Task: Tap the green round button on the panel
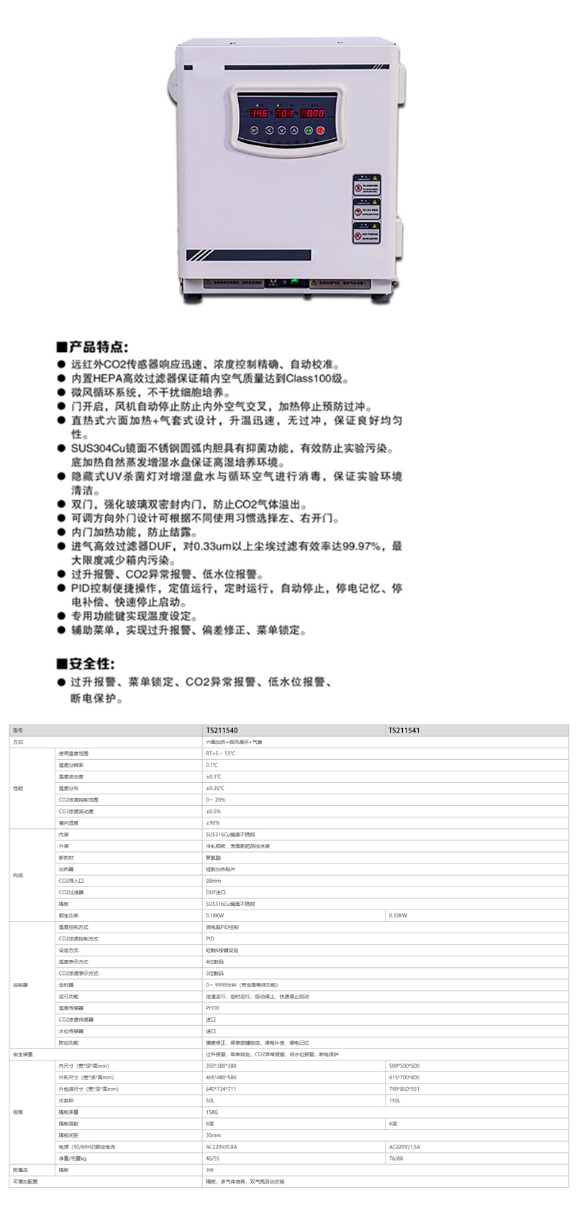pyautogui.click(x=309, y=130)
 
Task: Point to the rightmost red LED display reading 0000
pyautogui.click(x=312, y=113)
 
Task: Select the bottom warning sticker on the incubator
pyautogui.click(x=367, y=233)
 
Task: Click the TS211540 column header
pyautogui.click(x=222, y=730)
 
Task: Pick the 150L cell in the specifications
pyautogui.click(x=394, y=1100)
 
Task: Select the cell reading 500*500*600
pyautogui.click(x=404, y=1066)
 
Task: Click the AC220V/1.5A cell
pyautogui.click(x=404, y=1147)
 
